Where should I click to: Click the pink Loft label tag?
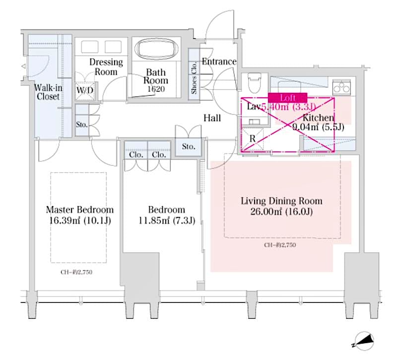(x=288, y=98)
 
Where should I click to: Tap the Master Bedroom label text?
(x=79, y=210)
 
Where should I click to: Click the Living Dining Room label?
(x=281, y=201)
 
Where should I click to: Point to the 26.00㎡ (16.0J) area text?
(x=281, y=212)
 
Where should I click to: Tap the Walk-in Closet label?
(x=47, y=92)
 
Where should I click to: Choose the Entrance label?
(x=219, y=62)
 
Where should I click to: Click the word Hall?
(x=212, y=118)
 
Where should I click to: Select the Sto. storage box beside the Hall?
(x=188, y=147)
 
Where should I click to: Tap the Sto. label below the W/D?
(x=82, y=124)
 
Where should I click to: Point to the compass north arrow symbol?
(x=364, y=342)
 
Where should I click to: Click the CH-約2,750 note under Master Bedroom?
(x=77, y=272)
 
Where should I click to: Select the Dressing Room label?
(x=106, y=67)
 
